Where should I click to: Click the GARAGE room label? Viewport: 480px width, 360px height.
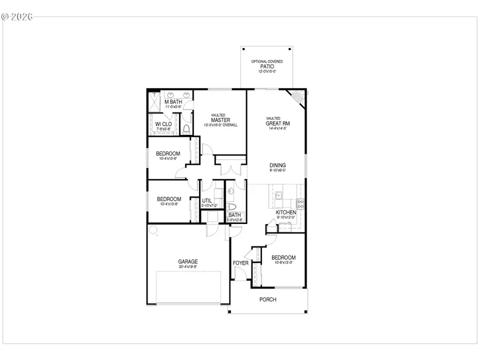188,261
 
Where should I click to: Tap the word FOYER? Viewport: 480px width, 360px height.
241,263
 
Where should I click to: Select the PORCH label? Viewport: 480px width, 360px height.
268,300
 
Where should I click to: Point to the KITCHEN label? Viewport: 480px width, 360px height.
286,212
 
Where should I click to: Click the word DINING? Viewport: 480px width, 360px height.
277,165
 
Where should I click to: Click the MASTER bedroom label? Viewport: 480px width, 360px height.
220,120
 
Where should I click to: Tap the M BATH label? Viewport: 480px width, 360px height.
173,101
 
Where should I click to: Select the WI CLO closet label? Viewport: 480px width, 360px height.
163,124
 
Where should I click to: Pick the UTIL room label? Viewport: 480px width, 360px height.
207,201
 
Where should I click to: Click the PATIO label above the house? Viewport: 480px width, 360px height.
267,67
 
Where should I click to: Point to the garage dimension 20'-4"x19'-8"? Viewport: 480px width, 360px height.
188,267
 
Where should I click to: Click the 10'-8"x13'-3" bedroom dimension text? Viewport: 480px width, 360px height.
283,263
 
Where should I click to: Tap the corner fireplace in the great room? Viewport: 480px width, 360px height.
297,98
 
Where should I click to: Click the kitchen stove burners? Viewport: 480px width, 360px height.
300,203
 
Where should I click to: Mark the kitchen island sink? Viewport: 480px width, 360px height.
277,196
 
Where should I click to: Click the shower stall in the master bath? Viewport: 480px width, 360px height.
155,102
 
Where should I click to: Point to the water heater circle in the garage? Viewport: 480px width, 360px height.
153,230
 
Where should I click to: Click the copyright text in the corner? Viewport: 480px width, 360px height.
17,17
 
